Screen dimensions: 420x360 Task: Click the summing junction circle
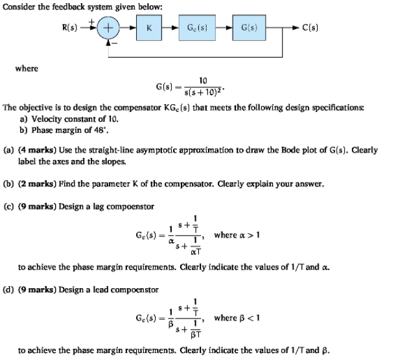point(110,29)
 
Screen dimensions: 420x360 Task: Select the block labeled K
point(148,29)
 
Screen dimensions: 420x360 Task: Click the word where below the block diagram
point(27,68)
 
